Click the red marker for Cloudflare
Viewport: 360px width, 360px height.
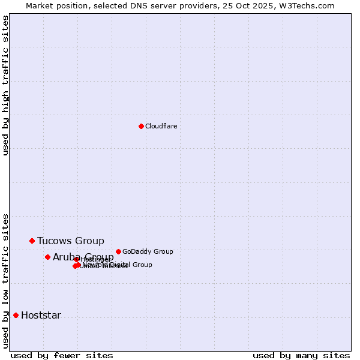coord(141,126)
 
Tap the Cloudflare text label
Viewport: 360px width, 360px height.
coord(161,127)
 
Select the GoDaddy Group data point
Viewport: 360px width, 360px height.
coord(118,251)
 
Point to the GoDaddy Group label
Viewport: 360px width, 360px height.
coord(148,252)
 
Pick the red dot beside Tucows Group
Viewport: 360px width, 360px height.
coord(32,241)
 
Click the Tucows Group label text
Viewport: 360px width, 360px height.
coord(70,241)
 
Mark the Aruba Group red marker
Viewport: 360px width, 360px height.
coord(47,257)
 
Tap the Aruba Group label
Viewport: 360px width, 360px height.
coord(83,257)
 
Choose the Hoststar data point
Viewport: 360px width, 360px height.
coord(16,315)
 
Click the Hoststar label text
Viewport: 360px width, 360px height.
coord(41,316)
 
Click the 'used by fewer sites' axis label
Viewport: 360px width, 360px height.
coord(62,355)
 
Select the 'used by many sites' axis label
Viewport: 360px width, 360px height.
coord(301,355)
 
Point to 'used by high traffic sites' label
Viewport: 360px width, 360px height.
coord(6,85)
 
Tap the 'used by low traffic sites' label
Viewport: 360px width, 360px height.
coord(6,281)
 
